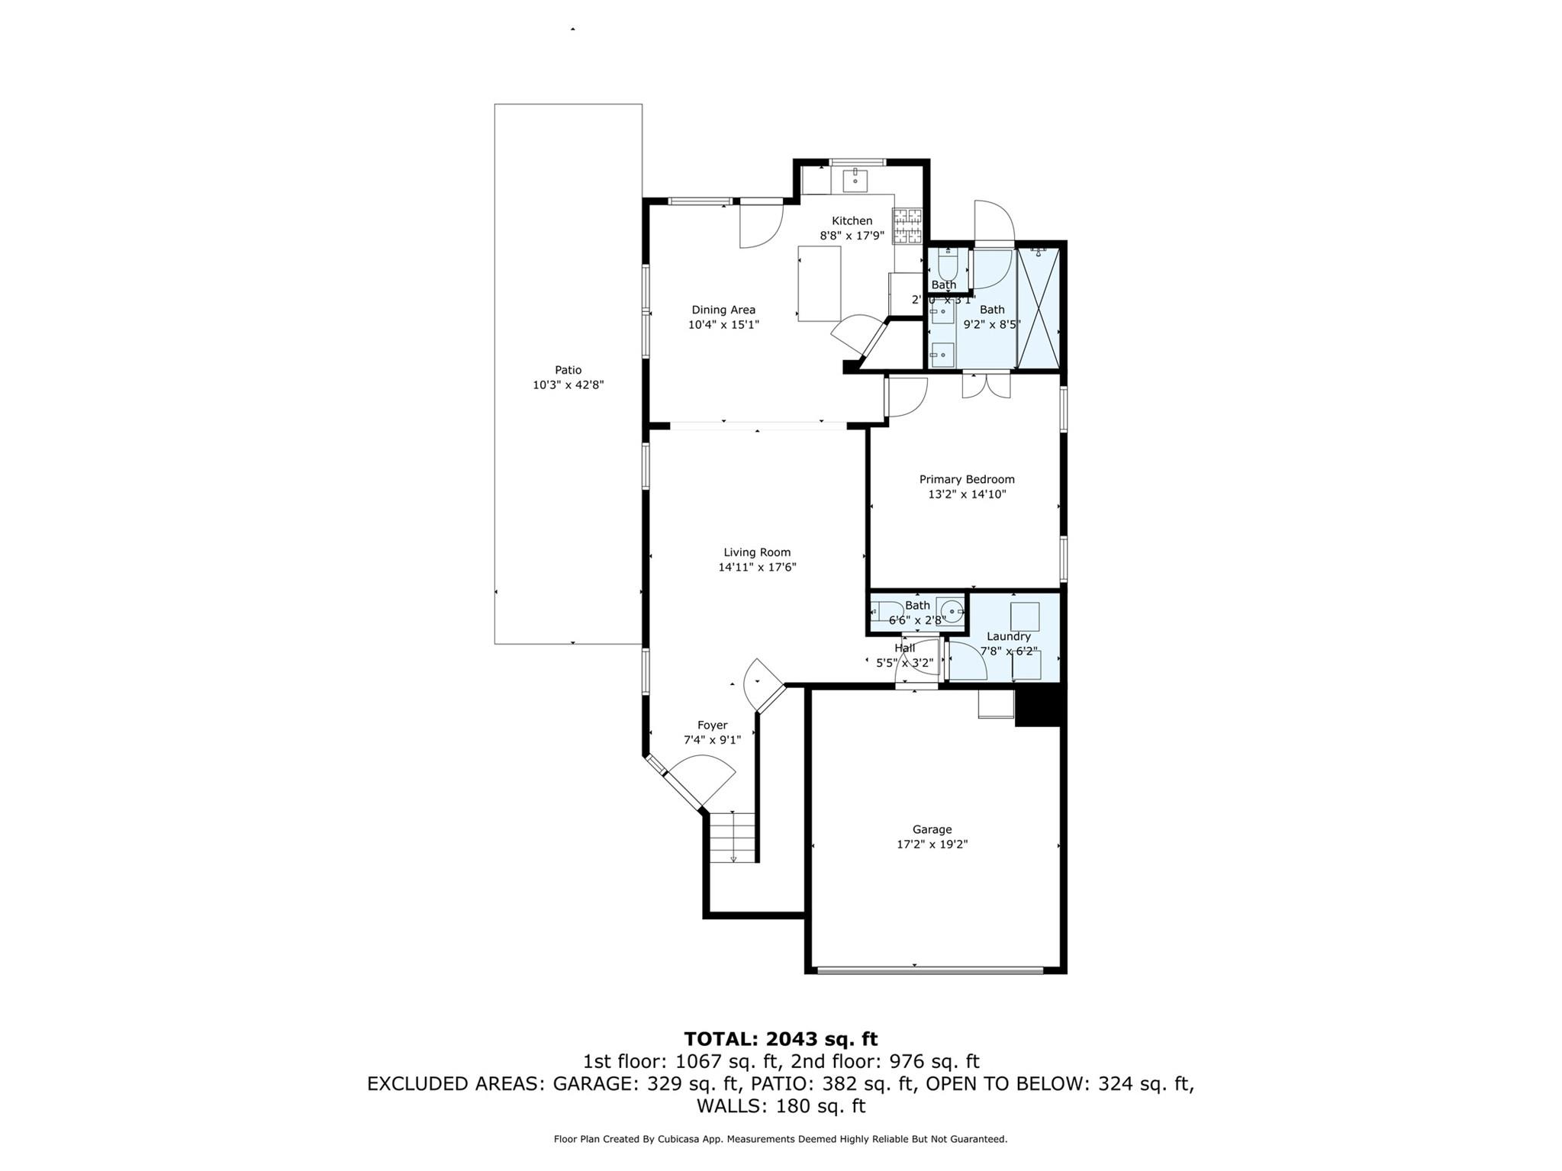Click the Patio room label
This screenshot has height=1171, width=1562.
click(x=568, y=370)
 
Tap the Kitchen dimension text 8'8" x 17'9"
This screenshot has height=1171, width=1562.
click(x=852, y=236)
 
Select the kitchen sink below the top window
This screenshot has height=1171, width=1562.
click(x=855, y=180)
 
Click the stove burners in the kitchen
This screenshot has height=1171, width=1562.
click(x=907, y=227)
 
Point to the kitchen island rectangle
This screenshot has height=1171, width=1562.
click(x=820, y=283)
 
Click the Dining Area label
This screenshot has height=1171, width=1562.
click(x=723, y=310)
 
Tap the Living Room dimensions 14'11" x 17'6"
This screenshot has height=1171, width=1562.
click(x=757, y=567)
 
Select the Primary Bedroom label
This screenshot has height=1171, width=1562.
click(x=966, y=479)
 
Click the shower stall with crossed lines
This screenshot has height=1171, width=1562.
click(x=1039, y=308)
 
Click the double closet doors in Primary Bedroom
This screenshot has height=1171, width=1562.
click(x=986, y=386)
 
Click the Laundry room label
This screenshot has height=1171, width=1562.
click(x=1008, y=636)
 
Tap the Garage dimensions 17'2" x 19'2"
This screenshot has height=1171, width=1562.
click(x=932, y=844)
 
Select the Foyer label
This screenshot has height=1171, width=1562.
click(x=712, y=725)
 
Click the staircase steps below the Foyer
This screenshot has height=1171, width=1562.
click(x=733, y=836)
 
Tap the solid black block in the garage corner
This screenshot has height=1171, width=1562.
click(x=1037, y=706)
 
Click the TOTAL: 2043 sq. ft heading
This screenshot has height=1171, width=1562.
click(x=780, y=1038)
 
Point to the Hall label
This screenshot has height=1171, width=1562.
click(x=904, y=648)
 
